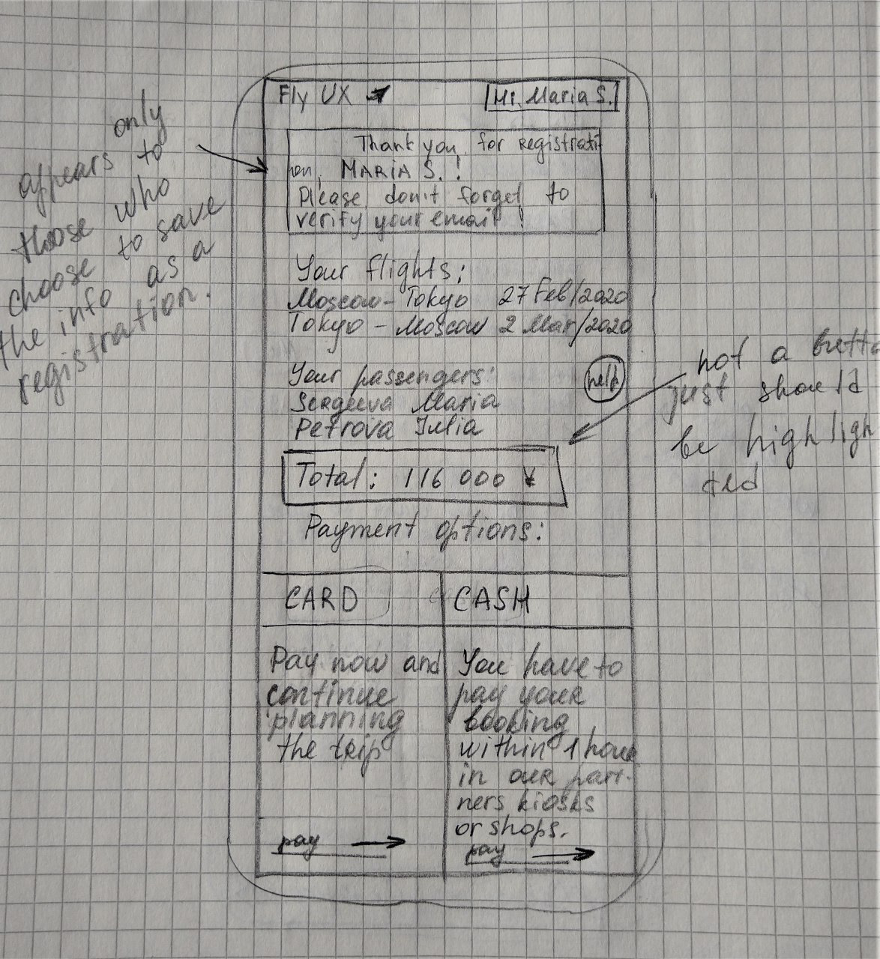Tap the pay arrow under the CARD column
[377, 842]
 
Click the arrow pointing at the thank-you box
[232, 158]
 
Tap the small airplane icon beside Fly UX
[382, 94]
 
